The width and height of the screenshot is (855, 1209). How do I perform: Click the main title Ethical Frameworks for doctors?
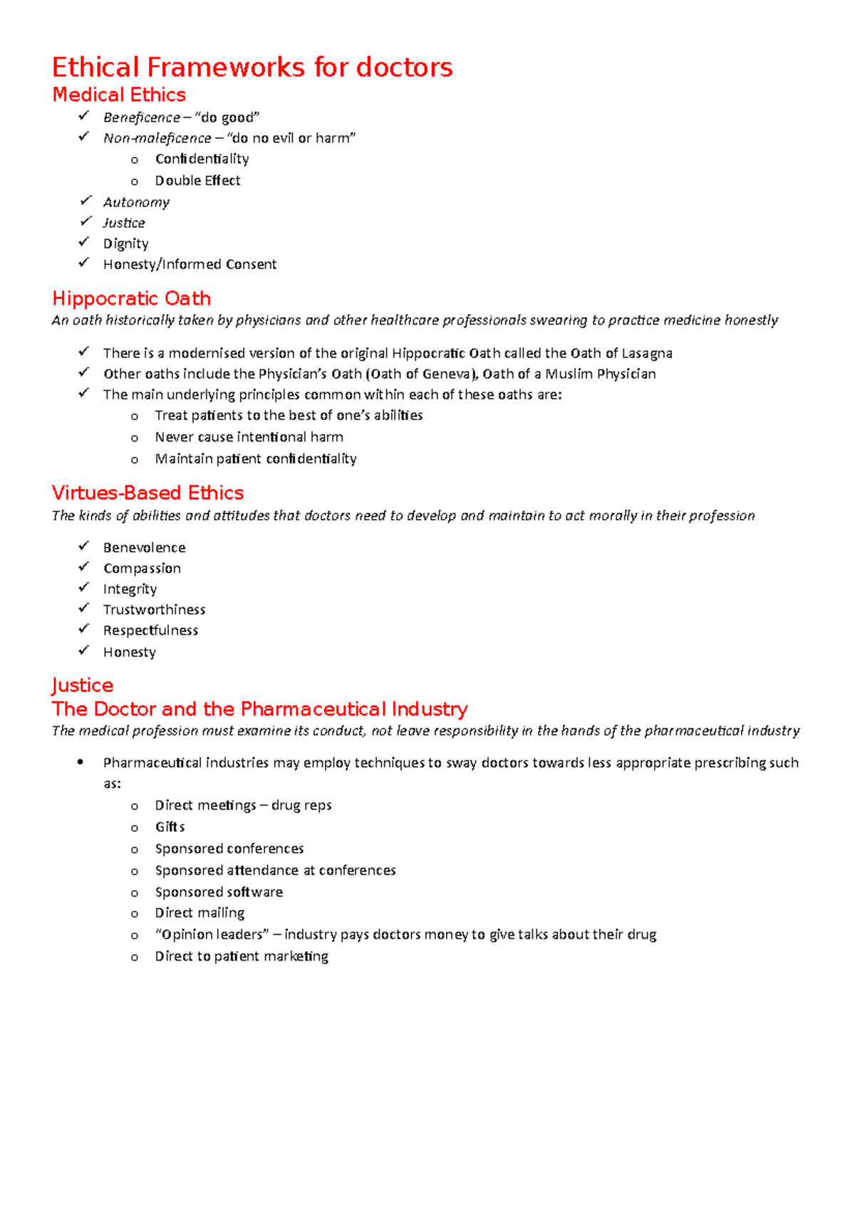(x=252, y=68)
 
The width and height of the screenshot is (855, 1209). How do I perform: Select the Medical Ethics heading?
(x=119, y=95)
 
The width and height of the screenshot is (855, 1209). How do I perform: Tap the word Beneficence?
(x=141, y=117)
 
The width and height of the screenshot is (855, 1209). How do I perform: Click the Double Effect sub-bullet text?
(x=197, y=181)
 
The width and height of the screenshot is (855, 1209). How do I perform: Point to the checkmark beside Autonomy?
(x=85, y=201)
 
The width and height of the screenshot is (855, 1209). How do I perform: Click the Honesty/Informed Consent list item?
(x=190, y=264)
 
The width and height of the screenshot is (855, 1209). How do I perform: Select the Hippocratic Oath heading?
(x=132, y=298)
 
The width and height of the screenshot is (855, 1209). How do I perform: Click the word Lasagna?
(x=646, y=353)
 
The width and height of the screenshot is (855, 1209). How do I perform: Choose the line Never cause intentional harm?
(x=249, y=437)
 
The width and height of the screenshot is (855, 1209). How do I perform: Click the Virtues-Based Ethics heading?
(x=147, y=493)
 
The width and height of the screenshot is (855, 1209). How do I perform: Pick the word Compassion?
(x=142, y=568)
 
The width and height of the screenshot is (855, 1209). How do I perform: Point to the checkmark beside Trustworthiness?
(x=84, y=608)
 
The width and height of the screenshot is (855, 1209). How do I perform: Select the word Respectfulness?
(x=150, y=630)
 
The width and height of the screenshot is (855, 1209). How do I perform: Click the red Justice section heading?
(x=83, y=685)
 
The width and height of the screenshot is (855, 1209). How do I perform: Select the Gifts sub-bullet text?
(x=170, y=827)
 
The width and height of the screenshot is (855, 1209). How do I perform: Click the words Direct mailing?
(x=199, y=913)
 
